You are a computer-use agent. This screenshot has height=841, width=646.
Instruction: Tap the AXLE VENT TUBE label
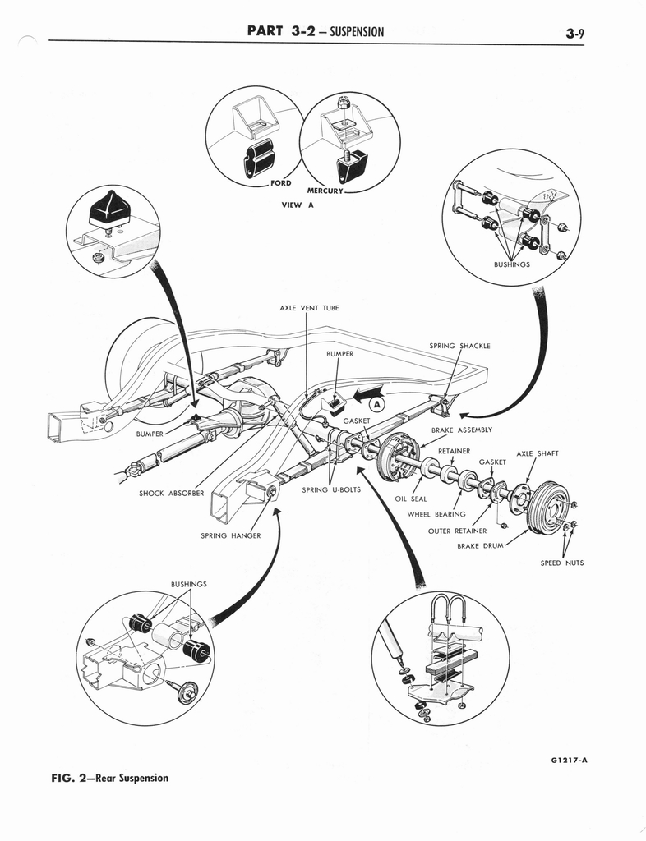click(309, 308)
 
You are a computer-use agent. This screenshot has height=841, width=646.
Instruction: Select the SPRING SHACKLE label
click(459, 346)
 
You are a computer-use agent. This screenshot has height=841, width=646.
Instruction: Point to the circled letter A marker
click(378, 404)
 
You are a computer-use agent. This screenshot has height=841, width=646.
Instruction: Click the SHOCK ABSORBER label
click(171, 494)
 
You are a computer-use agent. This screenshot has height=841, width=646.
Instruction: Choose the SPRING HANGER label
click(231, 535)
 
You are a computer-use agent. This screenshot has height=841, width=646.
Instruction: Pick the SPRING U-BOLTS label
click(331, 489)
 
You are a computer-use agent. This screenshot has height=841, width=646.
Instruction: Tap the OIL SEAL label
click(411, 499)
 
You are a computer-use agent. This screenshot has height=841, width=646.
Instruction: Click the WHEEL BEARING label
click(436, 514)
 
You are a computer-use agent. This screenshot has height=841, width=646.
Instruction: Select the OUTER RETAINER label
click(457, 531)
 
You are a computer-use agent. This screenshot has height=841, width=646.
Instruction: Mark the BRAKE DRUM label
click(480, 545)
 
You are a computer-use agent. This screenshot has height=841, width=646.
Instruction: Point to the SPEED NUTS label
click(562, 563)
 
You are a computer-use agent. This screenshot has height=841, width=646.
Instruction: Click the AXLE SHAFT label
click(538, 453)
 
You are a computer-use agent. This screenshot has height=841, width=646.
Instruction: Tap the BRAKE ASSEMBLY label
click(462, 430)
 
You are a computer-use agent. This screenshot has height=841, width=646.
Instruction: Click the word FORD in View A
click(280, 182)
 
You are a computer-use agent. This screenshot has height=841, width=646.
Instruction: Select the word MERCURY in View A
click(325, 191)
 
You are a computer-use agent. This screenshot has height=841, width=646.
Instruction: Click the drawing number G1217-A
click(570, 761)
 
